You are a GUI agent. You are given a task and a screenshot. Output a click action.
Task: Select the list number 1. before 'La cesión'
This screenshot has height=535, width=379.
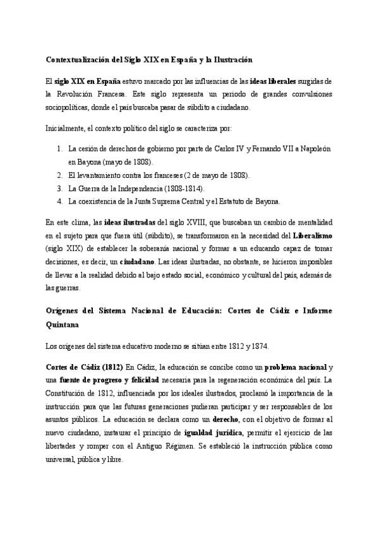pos(59,149)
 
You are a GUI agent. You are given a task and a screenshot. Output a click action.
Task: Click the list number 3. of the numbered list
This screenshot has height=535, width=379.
pos(59,188)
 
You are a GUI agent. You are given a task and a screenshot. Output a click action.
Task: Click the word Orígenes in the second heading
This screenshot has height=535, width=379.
pos(64,312)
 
